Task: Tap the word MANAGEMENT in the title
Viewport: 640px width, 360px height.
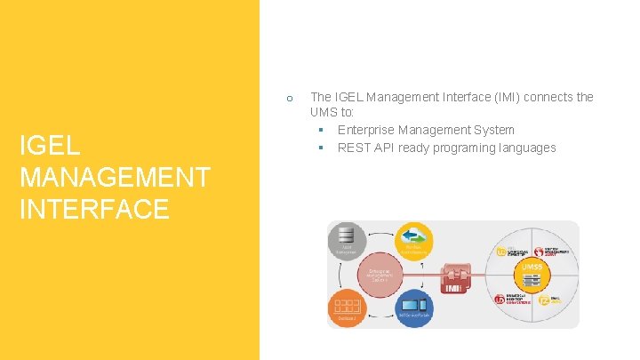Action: click(x=115, y=177)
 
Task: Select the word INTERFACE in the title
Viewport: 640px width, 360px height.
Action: click(x=94, y=209)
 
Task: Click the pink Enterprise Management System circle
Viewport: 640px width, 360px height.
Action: click(x=380, y=274)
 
